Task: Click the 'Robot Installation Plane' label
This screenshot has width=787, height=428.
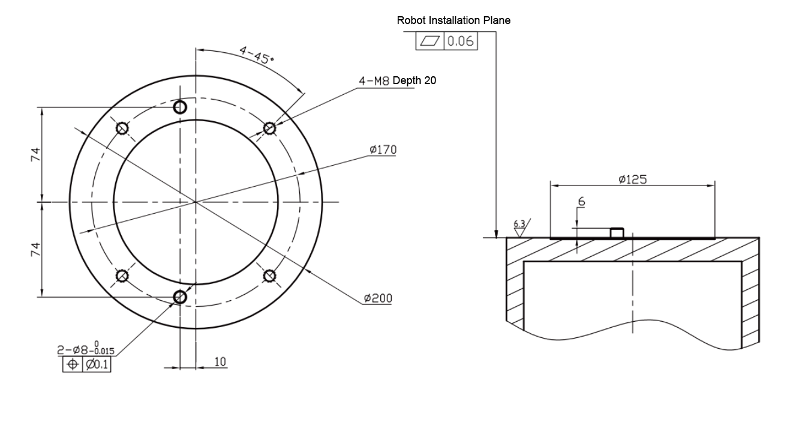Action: [x=453, y=20]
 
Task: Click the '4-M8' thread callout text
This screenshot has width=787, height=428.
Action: [x=375, y=80]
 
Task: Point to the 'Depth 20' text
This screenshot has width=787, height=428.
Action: [x=414, y=80]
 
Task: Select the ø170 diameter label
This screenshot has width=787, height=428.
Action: [x=383, y=149]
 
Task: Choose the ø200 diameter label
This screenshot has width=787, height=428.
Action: [x=379, y=298]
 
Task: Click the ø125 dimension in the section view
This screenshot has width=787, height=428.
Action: [x=632, y=178]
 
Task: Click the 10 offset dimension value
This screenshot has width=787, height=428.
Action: [x=220, y=362]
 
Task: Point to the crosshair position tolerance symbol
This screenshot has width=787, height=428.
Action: [x=73, y=364]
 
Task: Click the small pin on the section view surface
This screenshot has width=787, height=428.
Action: [x=617, y=233]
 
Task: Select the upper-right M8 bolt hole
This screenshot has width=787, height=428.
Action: [x=269, y=127]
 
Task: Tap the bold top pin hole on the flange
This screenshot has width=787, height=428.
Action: [x=180, y=107]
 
